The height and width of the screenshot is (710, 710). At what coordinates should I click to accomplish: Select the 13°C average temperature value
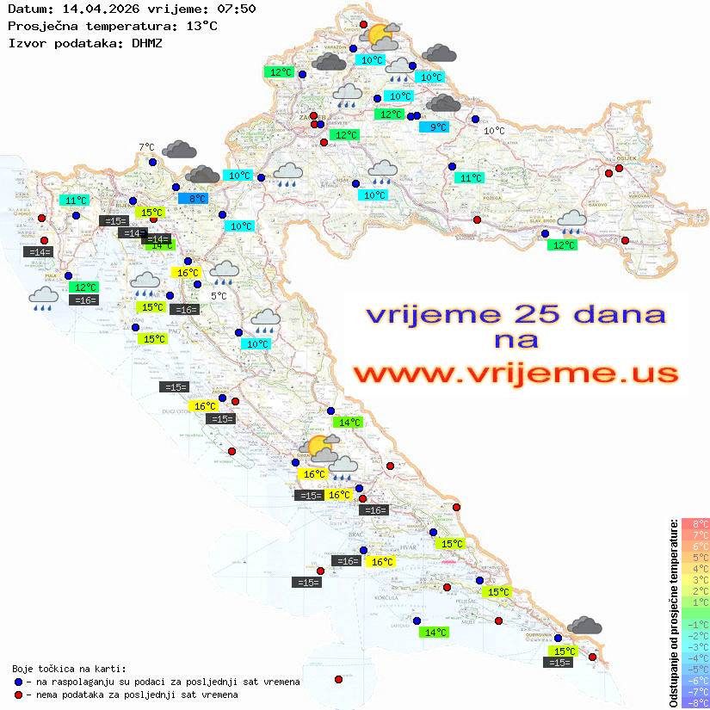pyautogui.click(x=202, y=26)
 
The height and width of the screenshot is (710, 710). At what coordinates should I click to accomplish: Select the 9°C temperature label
pyautogui.click(x=438, y=127)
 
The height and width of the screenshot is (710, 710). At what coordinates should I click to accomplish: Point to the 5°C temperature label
pyautogui.click(x=219, y=296)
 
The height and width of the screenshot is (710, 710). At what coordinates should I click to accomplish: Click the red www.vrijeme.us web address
pyautogui.click(x=516, y=374)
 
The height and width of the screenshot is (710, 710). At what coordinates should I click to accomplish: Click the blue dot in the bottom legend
pyautogui.click(x=18, y=682)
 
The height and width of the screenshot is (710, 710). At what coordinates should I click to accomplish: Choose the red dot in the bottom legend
pyautogui.click(x=18, y=695)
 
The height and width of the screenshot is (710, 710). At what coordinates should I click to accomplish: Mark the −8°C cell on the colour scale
pyautogui.click(x=695, y=703)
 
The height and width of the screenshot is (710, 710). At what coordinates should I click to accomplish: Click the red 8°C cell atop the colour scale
pyautogui.click(x=695, y=524)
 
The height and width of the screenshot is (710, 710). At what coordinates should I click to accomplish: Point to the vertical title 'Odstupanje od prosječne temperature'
pyautogui.click(x=673, y=613)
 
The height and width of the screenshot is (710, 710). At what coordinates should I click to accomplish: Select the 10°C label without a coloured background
pyautogui.click(x=494, y=131)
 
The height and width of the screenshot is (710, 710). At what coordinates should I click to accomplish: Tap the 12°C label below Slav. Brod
pyautogui.click(x=563, y=244)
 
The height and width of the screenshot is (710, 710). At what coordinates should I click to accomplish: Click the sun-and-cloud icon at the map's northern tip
pyautogui.click(x=380, y=37)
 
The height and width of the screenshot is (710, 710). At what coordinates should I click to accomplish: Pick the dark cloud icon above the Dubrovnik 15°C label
pyautogui.click(x=585, y=626)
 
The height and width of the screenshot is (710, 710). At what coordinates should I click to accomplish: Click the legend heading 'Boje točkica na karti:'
pyautogui.click(x=69, y=669)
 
